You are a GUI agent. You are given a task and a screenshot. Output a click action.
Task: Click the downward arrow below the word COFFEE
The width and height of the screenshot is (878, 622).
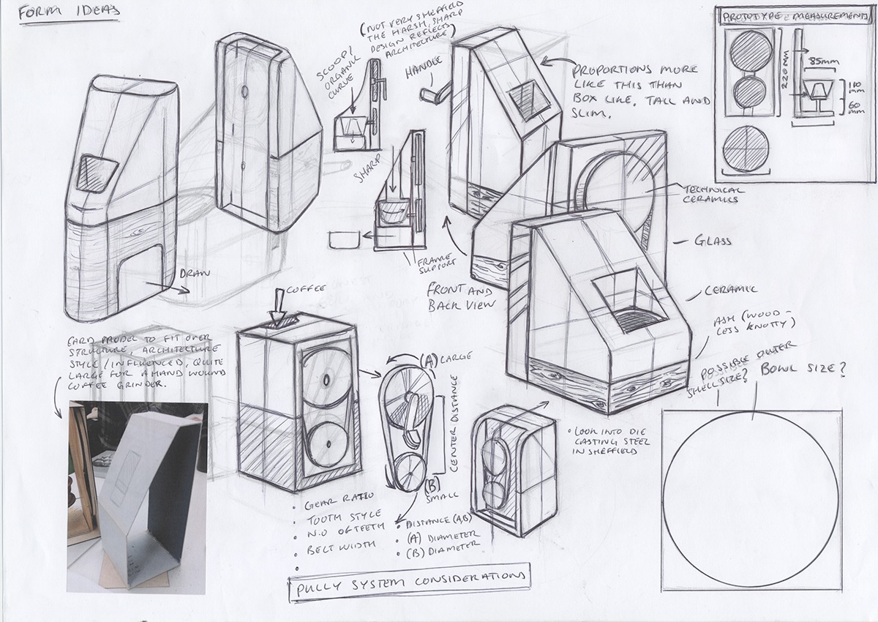coord(279,312)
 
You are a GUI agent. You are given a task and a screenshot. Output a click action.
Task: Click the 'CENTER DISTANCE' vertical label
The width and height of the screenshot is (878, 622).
coord(451,424)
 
